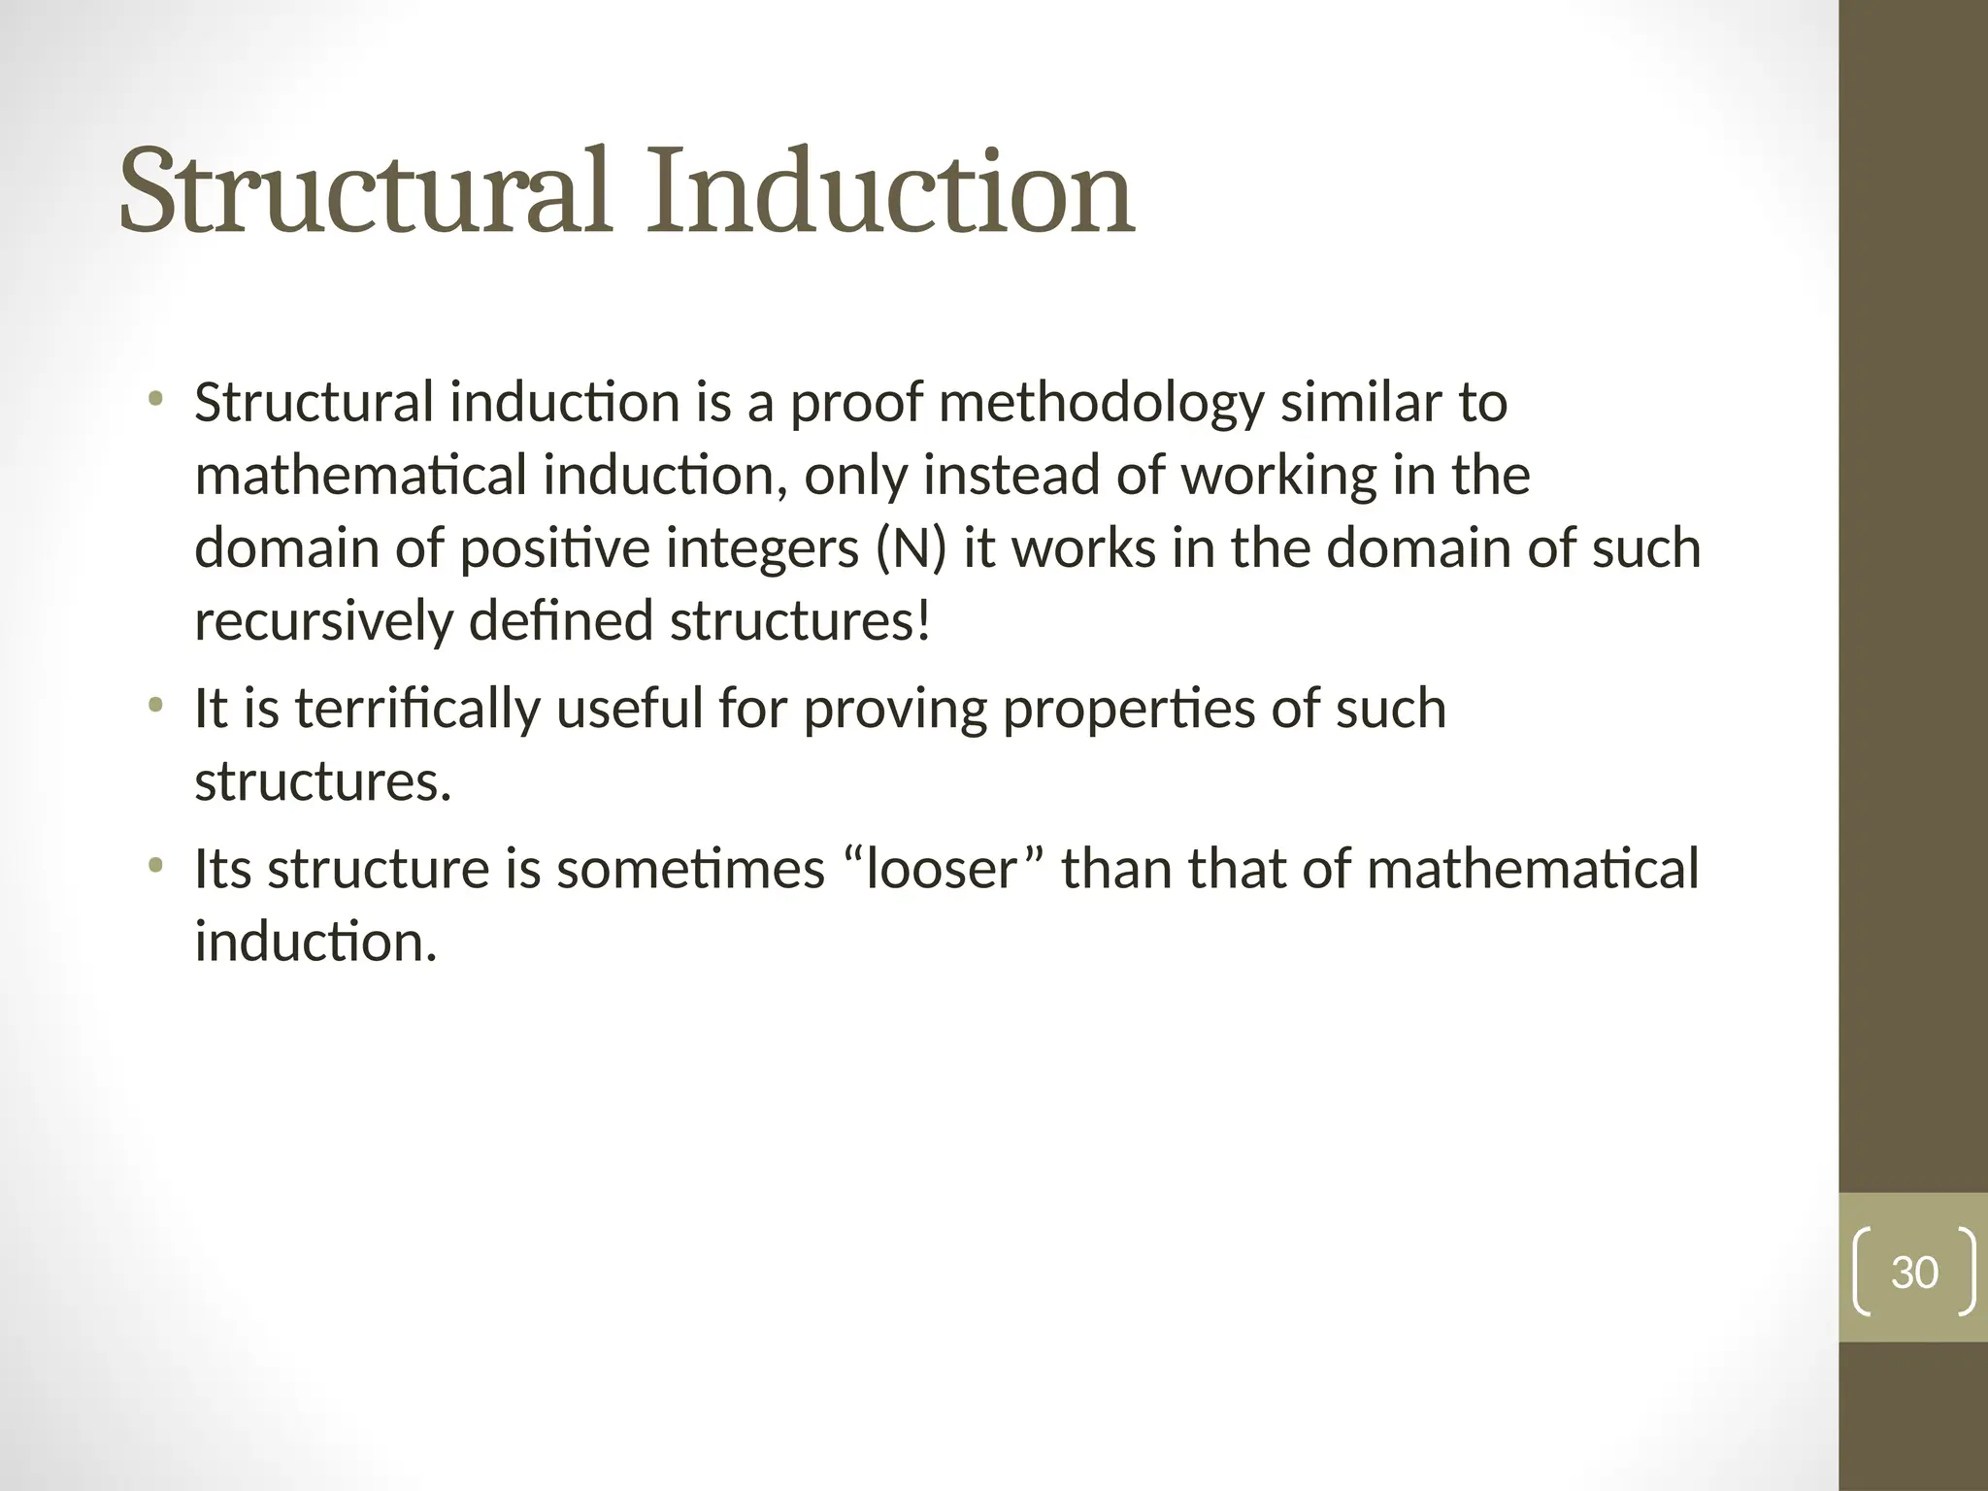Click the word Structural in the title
pyautogui.click(x=364, y=191)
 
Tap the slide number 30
pyautogui.click(x=1914, y=1273)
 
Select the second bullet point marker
pyautogui.click(x=155, y=704)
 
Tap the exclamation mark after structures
pyautogui.click(x=922, y=621)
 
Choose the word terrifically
pyautogui.click(x=416, y=709)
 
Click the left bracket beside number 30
pyautogui.click(x=1862, y=1273)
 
